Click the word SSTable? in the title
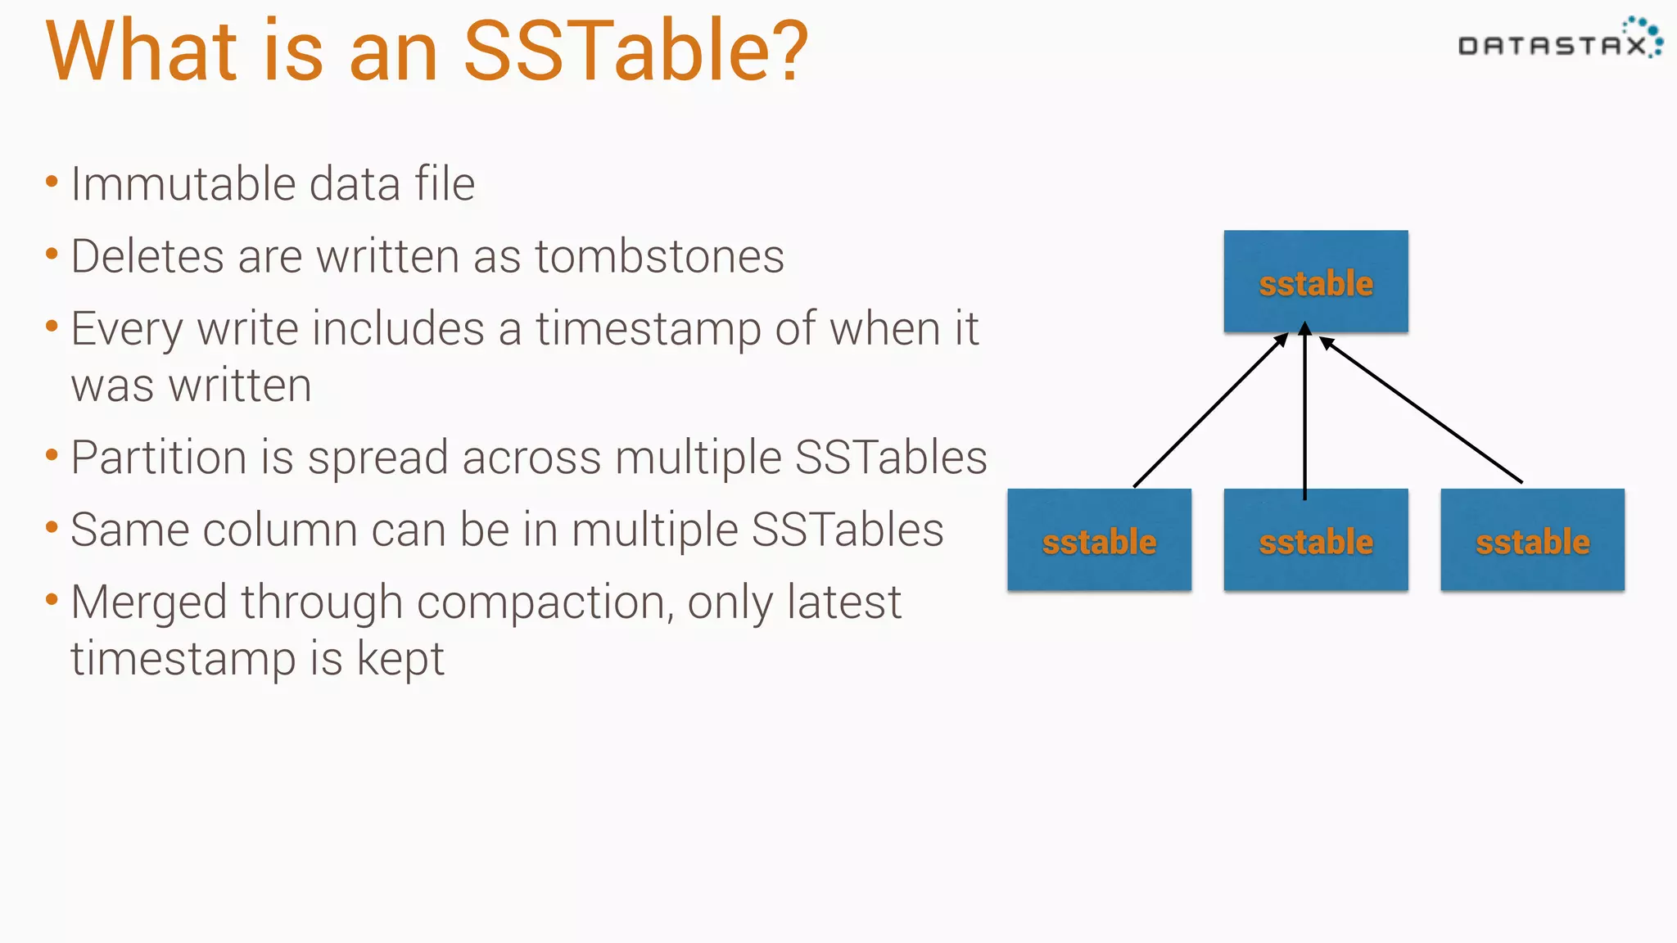click(635, 51)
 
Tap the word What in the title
click(142, 51)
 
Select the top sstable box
click(1315, 282)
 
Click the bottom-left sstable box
click(1099, 540)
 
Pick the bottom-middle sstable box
click(1315, 540)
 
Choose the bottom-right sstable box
click(1532, 540)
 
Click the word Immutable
click(183, 183)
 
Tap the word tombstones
click(659, 256)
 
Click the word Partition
click(158, 457)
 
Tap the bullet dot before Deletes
click(52, 255)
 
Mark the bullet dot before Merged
click(52, 600)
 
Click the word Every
click(127, 329)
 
